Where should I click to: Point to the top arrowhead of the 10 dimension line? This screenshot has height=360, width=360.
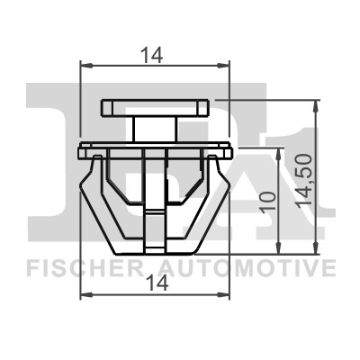coord(281,148)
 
